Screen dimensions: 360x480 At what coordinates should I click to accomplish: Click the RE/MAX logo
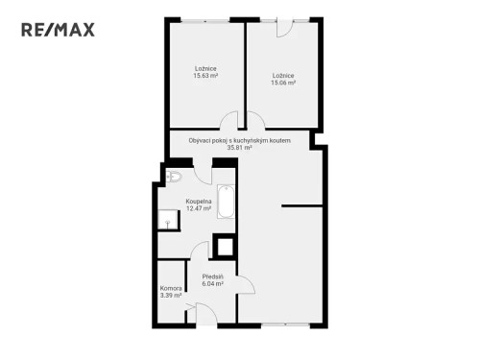point(59,29)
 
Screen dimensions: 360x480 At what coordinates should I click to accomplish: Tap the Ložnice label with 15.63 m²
point(205,72)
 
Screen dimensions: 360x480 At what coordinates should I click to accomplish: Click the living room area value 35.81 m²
point(239,148)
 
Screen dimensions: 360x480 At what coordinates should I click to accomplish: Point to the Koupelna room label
point(199,204)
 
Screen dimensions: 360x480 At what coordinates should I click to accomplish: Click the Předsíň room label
point(213,280)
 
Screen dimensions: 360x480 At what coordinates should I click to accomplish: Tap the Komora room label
point(171,292)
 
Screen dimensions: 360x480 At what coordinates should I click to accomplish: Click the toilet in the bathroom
point(174,177)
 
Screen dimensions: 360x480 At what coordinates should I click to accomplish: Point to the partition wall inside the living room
point(301,204)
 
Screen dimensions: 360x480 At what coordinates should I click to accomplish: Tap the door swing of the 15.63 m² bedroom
point(229,121)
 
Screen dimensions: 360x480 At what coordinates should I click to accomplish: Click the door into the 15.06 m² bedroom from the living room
point(254,121)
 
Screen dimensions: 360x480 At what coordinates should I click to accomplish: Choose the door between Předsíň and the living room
point(244,284)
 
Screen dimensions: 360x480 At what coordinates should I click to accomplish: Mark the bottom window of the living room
point(284,324)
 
